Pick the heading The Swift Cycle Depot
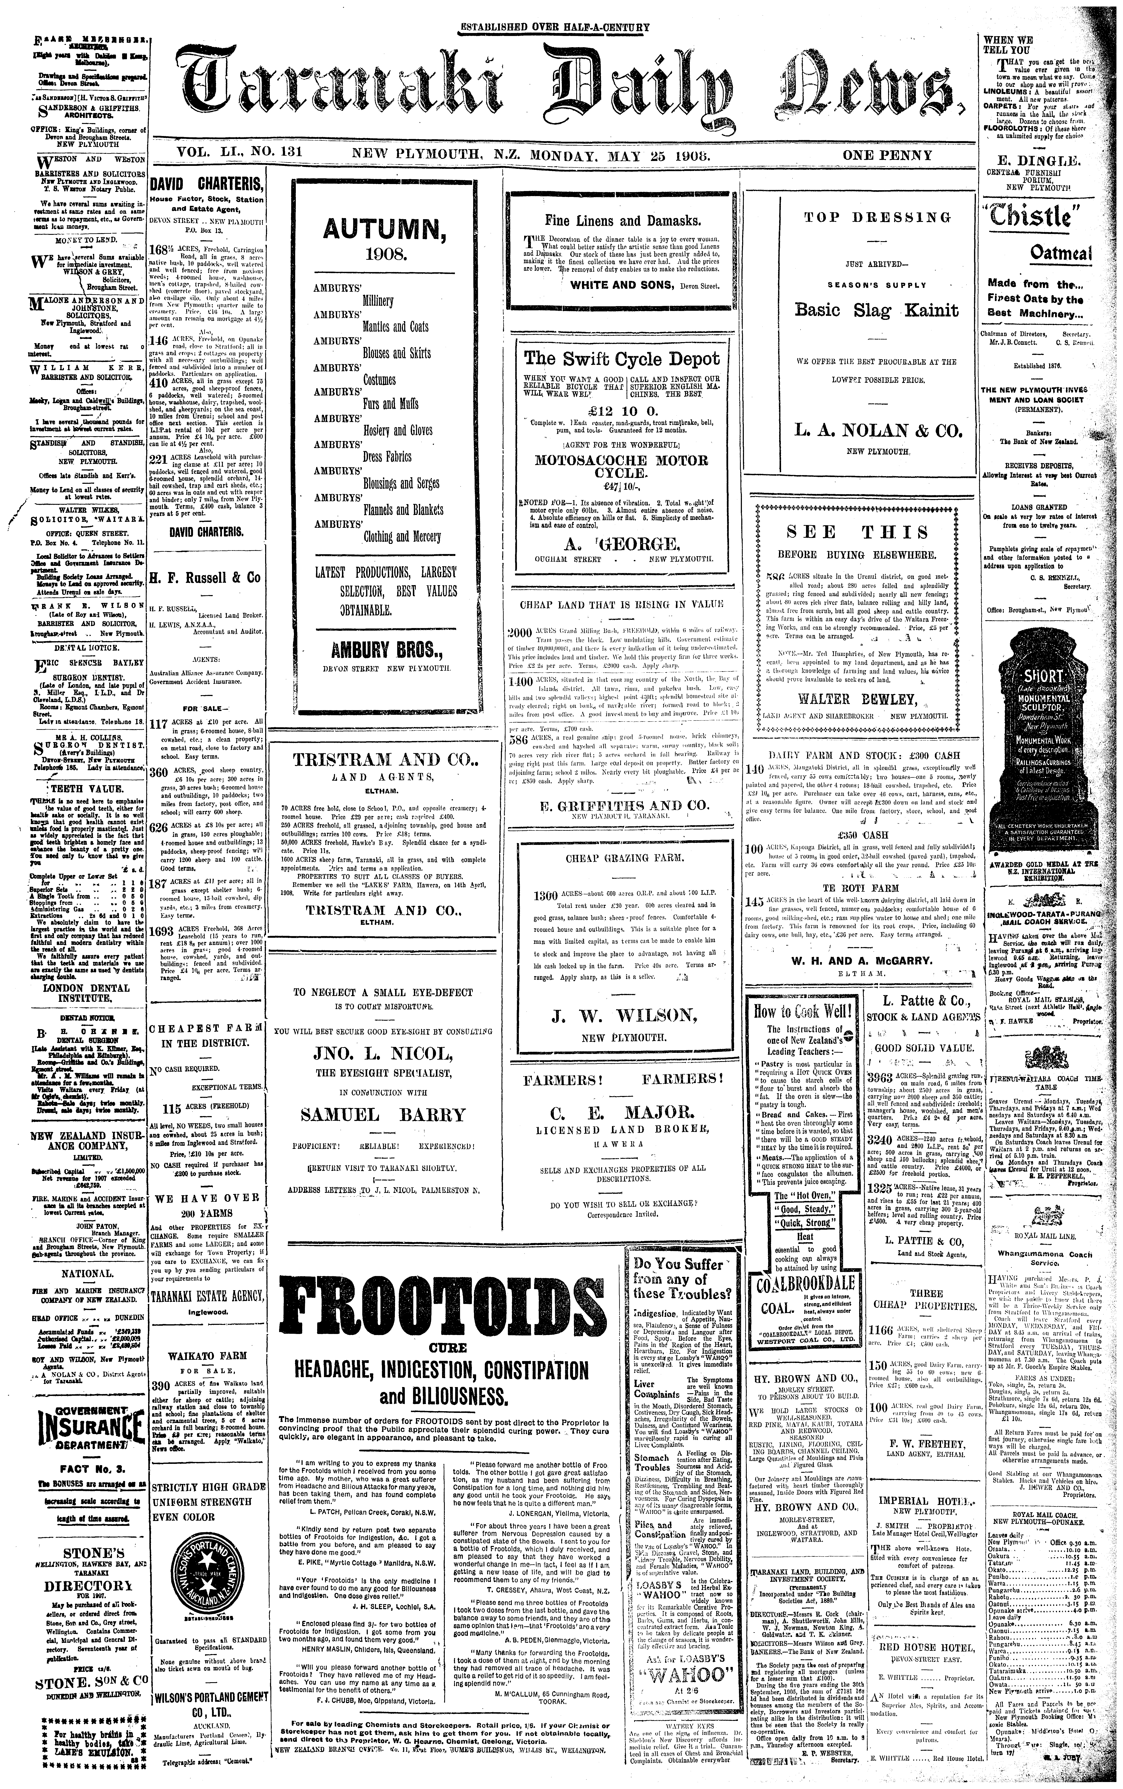point(621,359)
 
